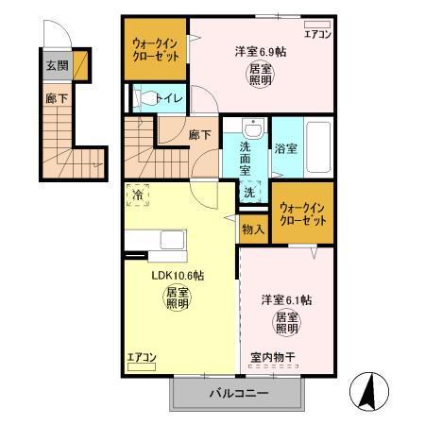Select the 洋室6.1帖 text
click(287, 299)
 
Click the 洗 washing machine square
click(248, 192)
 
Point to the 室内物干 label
click(274, 357)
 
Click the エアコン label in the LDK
click(140, 357)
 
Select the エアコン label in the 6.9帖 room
click(316, 34)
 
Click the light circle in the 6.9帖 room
click(261, 76)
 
